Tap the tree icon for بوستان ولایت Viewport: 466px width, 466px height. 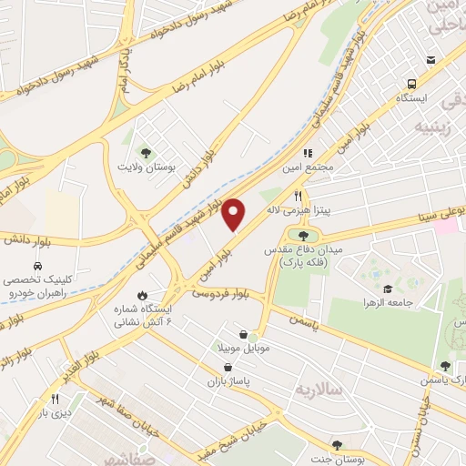pos(143,152)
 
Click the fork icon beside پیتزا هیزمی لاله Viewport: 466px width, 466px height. pos(297,196)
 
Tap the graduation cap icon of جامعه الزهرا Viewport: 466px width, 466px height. pos(388,288)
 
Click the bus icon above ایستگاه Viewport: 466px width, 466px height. pos(429,81)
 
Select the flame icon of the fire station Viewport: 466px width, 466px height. pos(142,295)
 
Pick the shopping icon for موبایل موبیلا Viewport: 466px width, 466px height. pos(240,334)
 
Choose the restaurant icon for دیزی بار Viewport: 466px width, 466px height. pos(55,399)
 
